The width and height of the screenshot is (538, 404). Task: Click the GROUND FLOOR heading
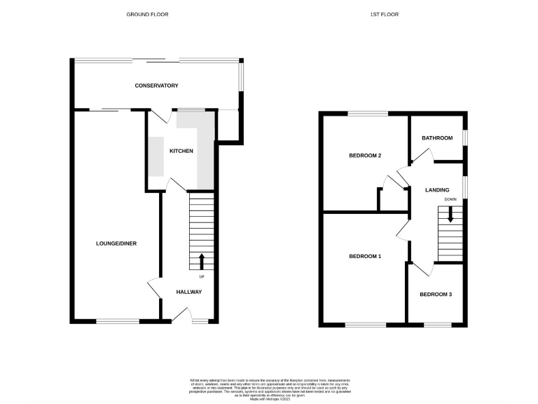coord(147,14)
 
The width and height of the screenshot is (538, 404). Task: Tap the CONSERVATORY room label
coord(157,86)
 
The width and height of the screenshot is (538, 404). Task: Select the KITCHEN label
coord(181,151)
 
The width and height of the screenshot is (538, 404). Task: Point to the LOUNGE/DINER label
coord(116,243)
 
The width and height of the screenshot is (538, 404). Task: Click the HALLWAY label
coord(188,292)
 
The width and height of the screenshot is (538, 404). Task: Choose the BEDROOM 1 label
coord(365,257)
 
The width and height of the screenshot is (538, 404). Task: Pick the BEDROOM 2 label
coord(365,156)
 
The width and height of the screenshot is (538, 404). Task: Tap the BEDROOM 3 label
coord(436,295)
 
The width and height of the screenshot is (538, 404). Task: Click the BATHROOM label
coord(437,138)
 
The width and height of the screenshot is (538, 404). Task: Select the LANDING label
coord(437,190)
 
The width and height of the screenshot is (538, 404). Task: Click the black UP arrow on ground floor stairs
coord(202,262)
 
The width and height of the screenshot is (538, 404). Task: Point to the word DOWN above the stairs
coord(450,200)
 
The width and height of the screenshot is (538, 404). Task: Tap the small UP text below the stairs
coord(202,276)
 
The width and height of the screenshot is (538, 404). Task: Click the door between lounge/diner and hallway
coord(154,288)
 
